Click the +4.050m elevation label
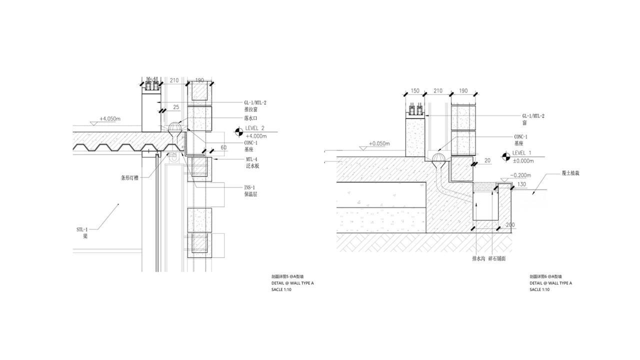click(x=110, y=119)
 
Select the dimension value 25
click(x=176, y=107)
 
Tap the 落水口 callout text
click(x=251, y=118)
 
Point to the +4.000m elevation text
click(x=256, y=136)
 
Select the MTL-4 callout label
click(x=251, y=159)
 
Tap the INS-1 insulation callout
click(x=250, y=187)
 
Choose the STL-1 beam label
click(x=82, y=229)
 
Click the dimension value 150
click(x=414, y=91)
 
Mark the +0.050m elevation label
click(x=379, y=144)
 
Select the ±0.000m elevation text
click(x=523, y=161)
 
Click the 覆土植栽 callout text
click(x=570, y=173)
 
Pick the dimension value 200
click(x=509, y=225)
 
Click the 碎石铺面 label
click(x=500, y=259)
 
